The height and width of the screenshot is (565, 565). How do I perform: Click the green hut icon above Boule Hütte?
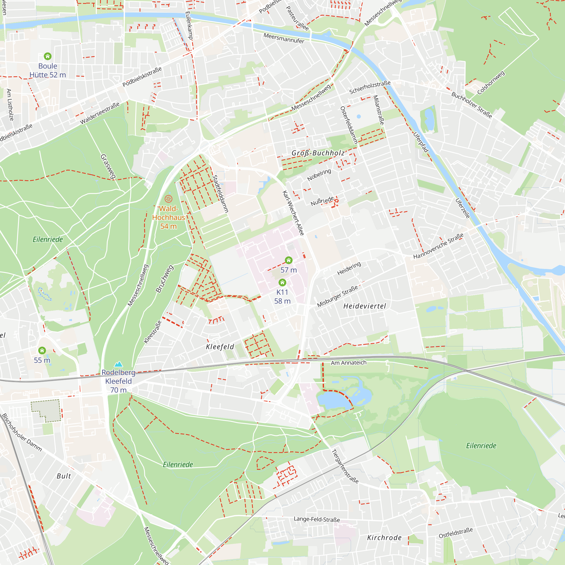coord(48,56)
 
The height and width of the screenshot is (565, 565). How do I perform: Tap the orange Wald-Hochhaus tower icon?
coord(168,199)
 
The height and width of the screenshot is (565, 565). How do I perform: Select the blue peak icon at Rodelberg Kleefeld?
coord(118,364)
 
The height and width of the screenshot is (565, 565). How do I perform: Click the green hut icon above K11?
coord(282,282)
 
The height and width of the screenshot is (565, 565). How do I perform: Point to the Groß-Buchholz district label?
coord(318,153)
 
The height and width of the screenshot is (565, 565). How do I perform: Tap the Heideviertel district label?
coord(364,306)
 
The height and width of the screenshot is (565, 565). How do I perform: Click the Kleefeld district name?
coord(220,347)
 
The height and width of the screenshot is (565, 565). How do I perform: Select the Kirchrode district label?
coord(384,538)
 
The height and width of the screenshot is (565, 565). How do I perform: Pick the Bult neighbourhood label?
coord(64,476)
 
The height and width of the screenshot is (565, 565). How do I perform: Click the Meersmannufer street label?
coord(284,38)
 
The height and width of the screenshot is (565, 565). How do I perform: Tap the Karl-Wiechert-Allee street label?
coord(293,213)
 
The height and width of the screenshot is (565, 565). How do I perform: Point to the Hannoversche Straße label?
coord(438,246)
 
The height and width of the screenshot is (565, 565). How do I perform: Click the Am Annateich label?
coord(349,363)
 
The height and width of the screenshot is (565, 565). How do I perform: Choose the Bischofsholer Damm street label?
coord(22,433)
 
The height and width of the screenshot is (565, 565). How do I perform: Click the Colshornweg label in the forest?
coord(491,83)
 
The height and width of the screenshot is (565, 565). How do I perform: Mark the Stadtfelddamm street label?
coord(220,194)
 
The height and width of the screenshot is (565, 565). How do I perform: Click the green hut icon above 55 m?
coord(42,350)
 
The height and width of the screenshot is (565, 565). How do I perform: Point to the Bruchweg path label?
coord(164,279)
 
